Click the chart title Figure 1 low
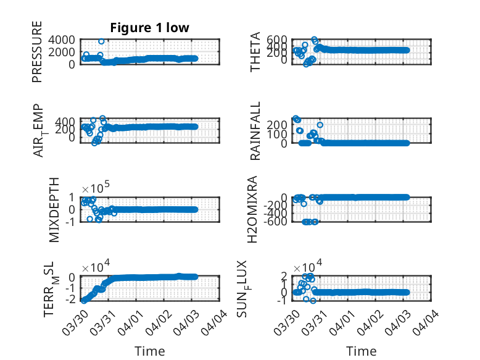tap(149, 28)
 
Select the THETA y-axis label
tap(255, 52)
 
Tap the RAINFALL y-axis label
tap(255, 131)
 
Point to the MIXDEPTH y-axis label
tap(54, 210)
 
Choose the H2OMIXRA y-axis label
tap(255, 209)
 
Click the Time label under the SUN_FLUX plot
tap(361, 351)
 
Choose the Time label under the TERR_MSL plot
tap(150, 351)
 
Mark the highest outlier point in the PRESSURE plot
tap(101, 41)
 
